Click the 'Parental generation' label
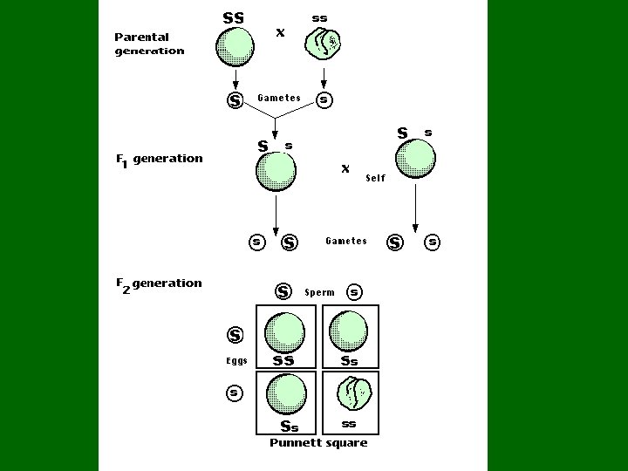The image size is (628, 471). point(149,44)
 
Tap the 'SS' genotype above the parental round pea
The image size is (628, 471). point(234,17)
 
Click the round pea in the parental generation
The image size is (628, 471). point(235,46)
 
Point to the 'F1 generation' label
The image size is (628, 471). point(159,159)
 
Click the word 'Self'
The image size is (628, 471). point(375,178)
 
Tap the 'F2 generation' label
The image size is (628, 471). point(159,283)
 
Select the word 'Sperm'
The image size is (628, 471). point(319,293)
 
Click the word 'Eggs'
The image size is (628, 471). point(236,361)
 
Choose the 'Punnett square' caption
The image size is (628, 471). point(318,443)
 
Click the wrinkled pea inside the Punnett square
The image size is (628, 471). point(354,393)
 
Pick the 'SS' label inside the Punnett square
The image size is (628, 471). point(283,360)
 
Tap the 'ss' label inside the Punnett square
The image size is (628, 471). point(349,425)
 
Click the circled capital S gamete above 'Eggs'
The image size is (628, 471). point(235,334)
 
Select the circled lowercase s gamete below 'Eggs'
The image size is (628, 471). point(234,392)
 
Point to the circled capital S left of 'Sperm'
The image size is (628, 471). point(283,291)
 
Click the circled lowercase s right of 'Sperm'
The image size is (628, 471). point(354,292)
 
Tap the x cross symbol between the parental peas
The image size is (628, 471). point(280,32)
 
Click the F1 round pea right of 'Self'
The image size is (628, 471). point(415,160)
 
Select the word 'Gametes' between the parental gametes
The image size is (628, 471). point(279,99)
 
